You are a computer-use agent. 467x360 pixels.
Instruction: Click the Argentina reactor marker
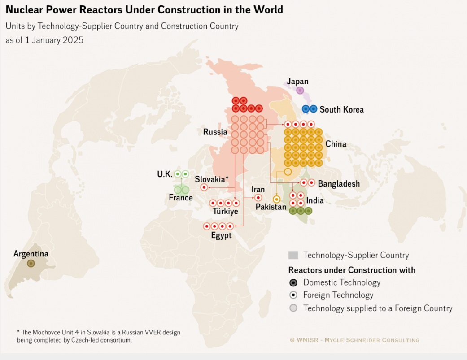pos(31,264)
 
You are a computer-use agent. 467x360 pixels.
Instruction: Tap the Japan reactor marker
pos(300,91)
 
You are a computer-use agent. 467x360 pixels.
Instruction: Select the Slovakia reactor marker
pos(204,187)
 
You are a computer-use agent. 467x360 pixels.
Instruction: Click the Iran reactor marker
pos(258,198)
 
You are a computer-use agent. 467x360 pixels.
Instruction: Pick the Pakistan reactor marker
pos(277,199)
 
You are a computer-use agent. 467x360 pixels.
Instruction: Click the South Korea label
pos(341,109)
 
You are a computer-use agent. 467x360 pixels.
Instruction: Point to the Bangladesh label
pos(339,184)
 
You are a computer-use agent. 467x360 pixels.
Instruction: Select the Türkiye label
pos(225,212)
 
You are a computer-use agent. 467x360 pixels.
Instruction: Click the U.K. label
pos(165,174)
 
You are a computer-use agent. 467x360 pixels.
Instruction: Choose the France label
pos(181,198)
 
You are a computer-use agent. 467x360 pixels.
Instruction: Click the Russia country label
pos(215,132)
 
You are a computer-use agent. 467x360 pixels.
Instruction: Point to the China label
pos(336,144)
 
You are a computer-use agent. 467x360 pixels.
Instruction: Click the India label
pos(315,200)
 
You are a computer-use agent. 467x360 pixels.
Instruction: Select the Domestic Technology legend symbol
pos(293,283)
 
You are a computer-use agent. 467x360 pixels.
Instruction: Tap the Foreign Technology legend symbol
pos(293,295)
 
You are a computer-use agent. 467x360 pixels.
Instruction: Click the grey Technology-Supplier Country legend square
pos(293,256)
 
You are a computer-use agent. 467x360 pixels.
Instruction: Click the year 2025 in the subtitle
pos(73,40)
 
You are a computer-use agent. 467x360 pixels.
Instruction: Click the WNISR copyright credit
pos(354,340)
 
